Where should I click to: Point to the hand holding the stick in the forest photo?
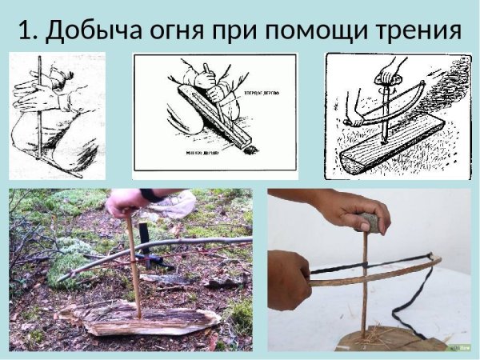click(x=125, y=203)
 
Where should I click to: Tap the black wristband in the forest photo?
click(x=151, y=194)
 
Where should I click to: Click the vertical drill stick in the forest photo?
click(x=134, y=264)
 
